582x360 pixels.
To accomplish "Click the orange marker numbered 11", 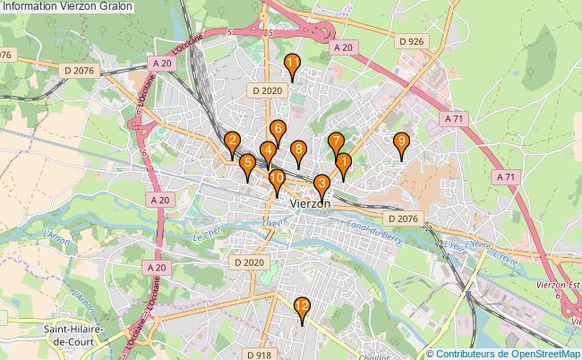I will point(293,64).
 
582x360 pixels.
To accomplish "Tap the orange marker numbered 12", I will point(303,309).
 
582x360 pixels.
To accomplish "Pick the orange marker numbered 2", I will point(232,141).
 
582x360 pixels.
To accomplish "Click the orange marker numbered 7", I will point(335,142).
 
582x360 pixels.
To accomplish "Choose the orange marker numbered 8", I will point(298,150).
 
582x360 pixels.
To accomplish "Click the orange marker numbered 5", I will point(247,164).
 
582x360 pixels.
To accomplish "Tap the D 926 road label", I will point(411,41).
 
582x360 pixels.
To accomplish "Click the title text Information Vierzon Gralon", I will point(68,6).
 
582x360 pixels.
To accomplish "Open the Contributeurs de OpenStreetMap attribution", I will point(508,353).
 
